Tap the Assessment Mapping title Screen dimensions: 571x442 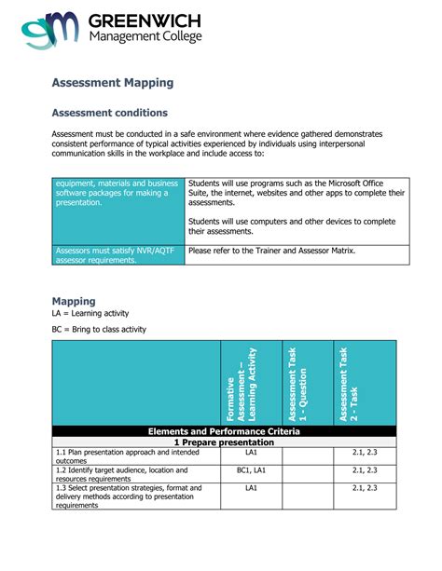(112, 83)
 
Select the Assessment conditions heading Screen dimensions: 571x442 (109, 113)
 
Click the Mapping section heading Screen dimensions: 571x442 (74, 302)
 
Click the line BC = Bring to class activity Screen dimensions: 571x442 (99, 330)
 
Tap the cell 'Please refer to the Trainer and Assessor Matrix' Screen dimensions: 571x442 (271, 251)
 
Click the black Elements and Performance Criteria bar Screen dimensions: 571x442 (225, 432)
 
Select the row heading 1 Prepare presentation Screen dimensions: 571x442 (225, 442)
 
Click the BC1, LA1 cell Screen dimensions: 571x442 (251, 470)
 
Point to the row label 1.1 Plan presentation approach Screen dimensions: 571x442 (126, 455)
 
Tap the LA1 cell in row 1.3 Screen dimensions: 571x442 (251, 488)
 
